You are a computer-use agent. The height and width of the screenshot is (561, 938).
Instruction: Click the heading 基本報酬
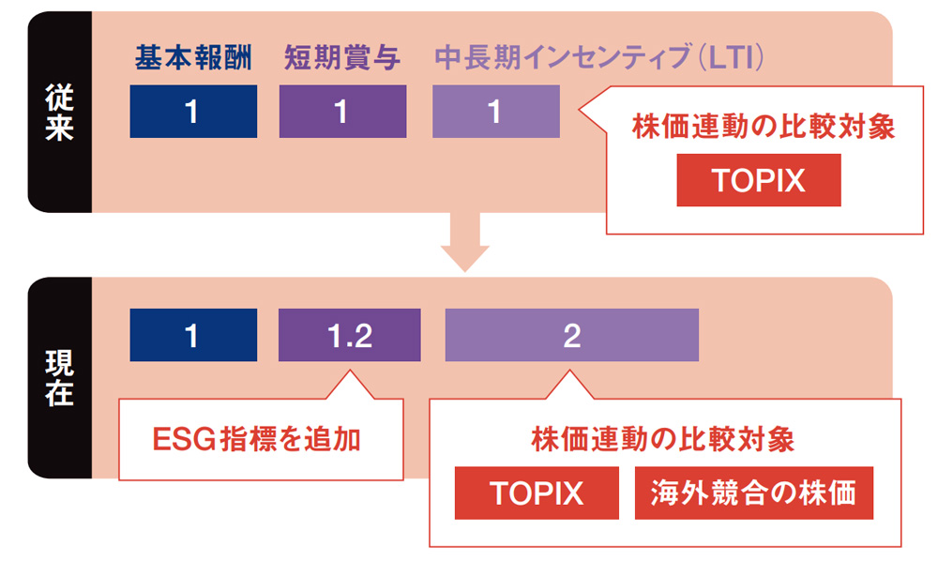tap(193, 58)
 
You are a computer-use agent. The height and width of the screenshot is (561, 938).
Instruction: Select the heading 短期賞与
tap(342, 58)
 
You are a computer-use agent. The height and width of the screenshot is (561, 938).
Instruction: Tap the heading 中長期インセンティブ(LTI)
tap(598, 58)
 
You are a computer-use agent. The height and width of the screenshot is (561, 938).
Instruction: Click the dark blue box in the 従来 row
tap(193, 112)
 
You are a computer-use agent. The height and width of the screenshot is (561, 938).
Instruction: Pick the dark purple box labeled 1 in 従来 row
tap(342, 112)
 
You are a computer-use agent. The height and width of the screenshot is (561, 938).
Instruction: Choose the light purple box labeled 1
tap(496, 112)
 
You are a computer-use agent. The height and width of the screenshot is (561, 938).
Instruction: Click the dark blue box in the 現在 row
tap(193, 335)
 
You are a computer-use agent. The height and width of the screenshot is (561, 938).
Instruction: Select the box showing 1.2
tap(349, 335)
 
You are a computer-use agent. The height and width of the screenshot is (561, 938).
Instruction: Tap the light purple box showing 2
tap(572, 335)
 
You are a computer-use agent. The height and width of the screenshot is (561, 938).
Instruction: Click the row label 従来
tap(59, 112)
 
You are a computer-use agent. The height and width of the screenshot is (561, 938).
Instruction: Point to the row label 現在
tap(59, 378)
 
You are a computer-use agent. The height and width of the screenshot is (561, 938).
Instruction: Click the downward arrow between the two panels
tap(465, 242)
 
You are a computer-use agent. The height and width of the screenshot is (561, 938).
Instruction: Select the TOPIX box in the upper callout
tap(759, 180)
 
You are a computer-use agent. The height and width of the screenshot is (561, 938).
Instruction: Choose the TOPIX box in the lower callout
tap(537, 493)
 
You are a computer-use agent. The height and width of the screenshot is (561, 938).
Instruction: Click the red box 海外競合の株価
tap(754, 493)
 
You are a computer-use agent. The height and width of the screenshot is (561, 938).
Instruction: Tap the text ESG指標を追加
tap(257, 440)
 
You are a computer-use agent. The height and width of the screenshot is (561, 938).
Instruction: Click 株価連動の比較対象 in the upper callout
tap(764, 127)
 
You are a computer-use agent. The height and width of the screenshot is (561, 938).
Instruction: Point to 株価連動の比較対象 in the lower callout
tap(663, 440)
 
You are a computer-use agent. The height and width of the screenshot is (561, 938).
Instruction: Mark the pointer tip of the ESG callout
tap(349, 371)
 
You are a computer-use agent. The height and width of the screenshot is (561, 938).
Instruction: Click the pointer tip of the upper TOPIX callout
tap(579, 110)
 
